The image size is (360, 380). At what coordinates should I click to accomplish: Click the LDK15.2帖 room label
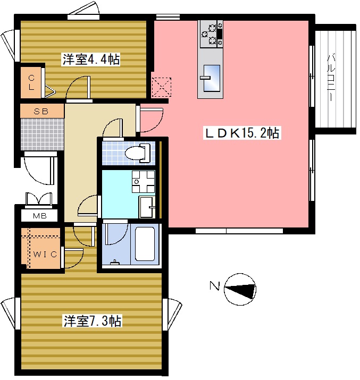click(x=242, y=133)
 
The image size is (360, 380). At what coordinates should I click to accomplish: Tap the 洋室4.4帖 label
click(x=91, y=60)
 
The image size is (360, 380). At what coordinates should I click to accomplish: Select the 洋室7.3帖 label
click(x=93, y=320)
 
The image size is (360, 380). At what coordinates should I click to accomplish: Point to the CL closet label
click(x=31, y=82)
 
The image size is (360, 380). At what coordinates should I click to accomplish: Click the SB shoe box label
click(x=41, y=112)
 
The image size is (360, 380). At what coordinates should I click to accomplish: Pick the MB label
click(x=40, y=216)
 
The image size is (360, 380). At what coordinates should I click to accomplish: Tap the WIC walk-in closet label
click(x=45, y=254)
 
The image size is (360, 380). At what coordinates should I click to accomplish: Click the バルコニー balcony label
click(x=331, y=78)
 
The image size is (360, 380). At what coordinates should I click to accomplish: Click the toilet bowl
click(x=138, y=153)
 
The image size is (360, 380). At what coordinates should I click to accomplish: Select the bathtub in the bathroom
click(x=145, y=244)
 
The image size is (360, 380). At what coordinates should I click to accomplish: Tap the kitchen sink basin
click(x=212, y=78)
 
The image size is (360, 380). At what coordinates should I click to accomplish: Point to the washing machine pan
click(x=143, y=182)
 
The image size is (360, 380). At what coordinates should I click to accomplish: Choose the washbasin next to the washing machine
click(x=147, y=207)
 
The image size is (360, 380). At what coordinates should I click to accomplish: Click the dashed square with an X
click(x=162, y=87)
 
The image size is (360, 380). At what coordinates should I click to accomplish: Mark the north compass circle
click(x=240, y=289)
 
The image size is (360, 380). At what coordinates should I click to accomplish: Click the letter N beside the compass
click(x=214, y=286)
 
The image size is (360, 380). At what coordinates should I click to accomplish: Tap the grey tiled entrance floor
click(x=42, y=134)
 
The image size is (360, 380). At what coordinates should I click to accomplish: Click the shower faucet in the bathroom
click(x=115, y=262)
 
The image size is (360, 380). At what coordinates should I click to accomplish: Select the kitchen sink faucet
click(x=205, y=78)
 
